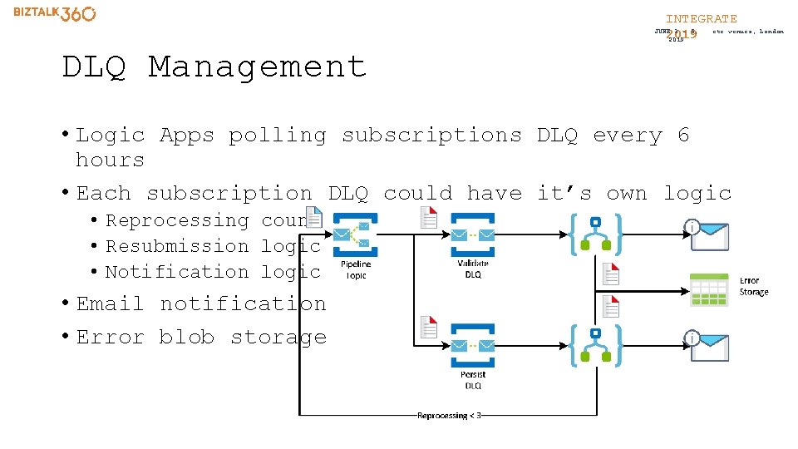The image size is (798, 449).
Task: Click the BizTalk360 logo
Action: tap(55, 14)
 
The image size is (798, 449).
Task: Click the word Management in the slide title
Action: tap(257, 67)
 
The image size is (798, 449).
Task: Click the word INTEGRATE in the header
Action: tap(701, 18)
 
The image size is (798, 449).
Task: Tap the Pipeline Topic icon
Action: tap(356, 235)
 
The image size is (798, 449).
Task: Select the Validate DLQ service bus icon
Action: tap(472, 235)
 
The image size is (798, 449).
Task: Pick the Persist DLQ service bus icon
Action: tap(472, 346)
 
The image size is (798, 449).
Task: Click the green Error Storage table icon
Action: tap(708, 289)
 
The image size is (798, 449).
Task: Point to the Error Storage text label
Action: tap(754, 287)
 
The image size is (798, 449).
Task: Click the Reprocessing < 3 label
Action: tap(449, 415)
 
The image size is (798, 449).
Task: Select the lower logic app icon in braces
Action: tap(595, 346)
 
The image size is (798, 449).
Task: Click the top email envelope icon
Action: tap(710, 236)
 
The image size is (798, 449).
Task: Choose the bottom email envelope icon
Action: tap(710, 348)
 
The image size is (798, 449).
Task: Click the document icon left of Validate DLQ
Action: tap(428, 217)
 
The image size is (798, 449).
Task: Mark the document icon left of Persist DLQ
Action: tap(428, 327)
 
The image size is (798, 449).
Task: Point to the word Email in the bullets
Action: tap(111, 304)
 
